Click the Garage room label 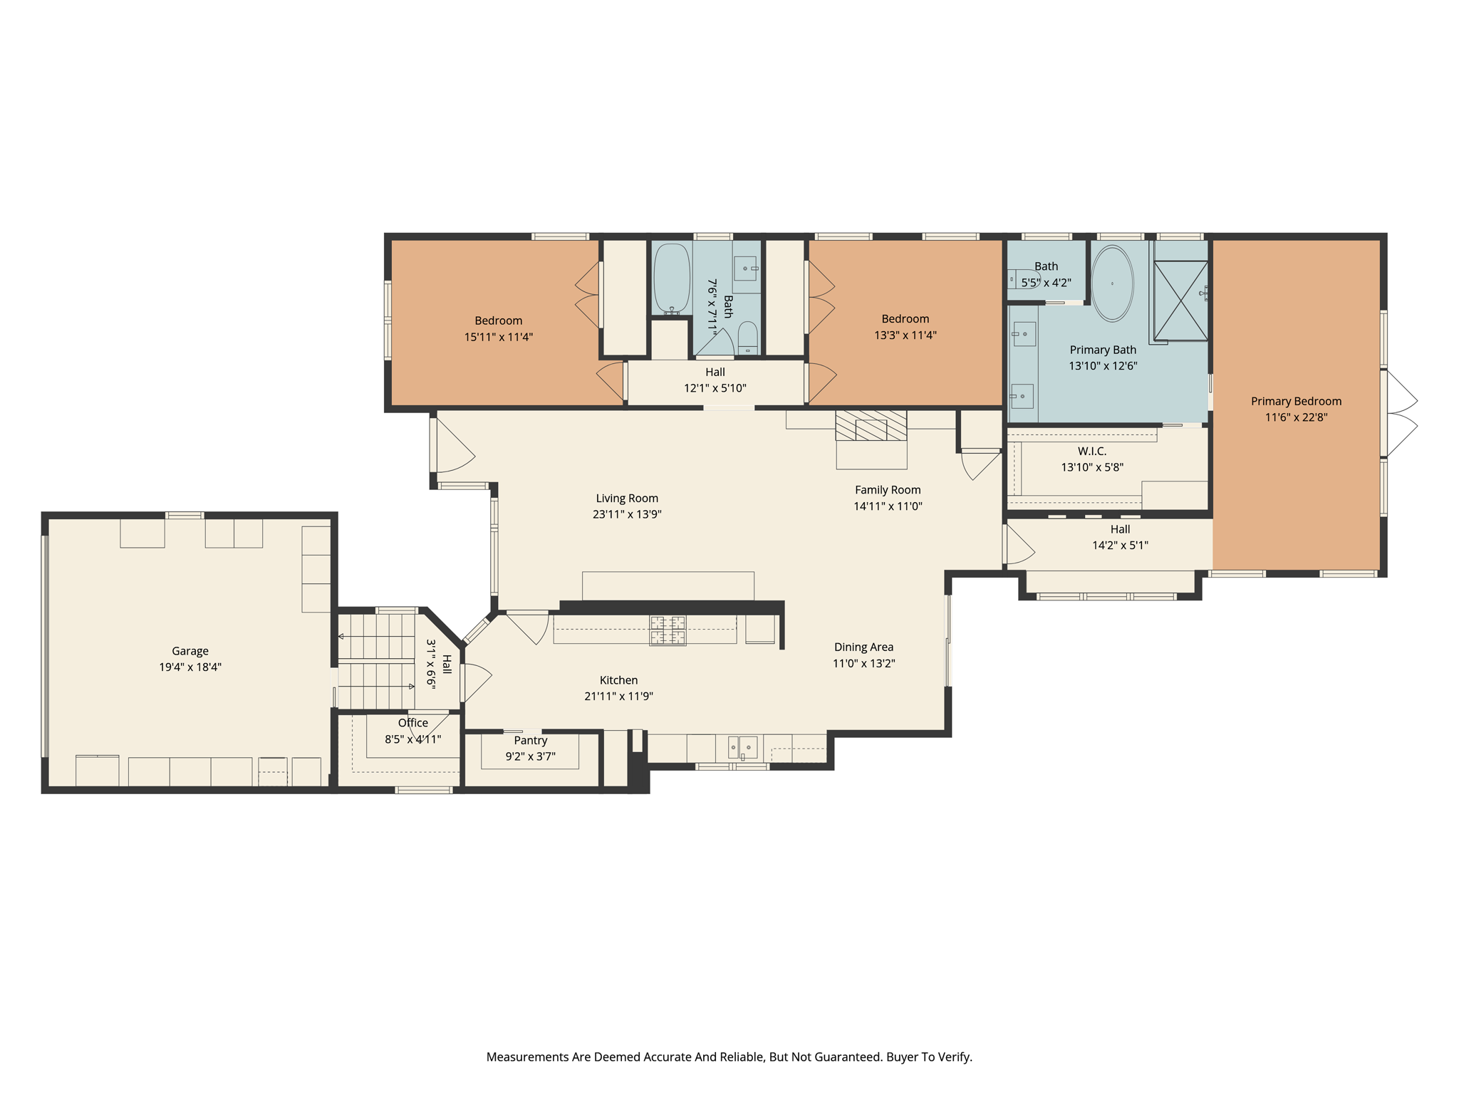[190, 651]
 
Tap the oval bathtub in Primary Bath [1112, 283]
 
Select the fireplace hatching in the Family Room [871, 425]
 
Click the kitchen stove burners [668, 630]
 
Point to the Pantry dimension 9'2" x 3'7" [530, 756]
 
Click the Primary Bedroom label [1296, 401]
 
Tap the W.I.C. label [1091, 452]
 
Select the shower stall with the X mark [1180, 300]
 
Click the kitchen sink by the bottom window [742, 748]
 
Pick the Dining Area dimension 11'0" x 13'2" [863, 663]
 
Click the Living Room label [627, 499]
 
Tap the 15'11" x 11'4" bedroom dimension [499, 337]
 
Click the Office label [413, 723]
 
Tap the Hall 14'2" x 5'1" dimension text [1120, 546]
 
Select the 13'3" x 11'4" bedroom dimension [905, 335]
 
